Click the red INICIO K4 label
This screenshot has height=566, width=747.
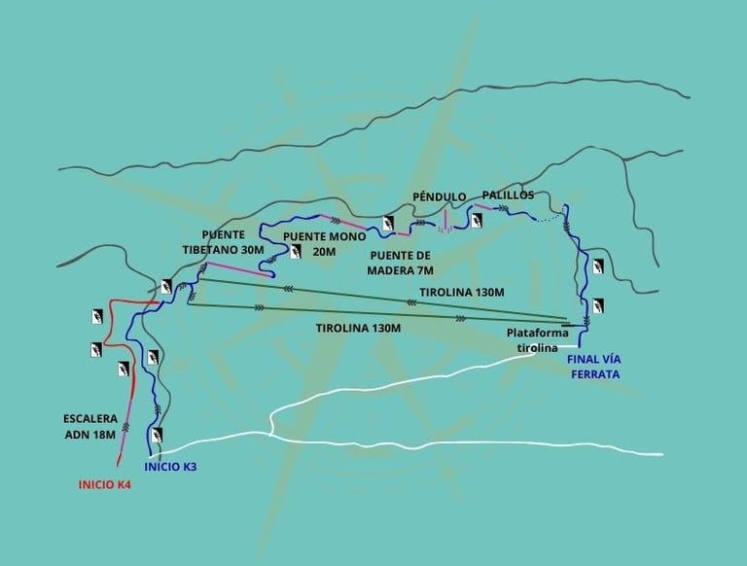click(x=104, y=483)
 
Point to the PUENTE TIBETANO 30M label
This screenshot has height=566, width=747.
click(x=223, y=241)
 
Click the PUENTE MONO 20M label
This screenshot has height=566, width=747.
click(x=325, y=243)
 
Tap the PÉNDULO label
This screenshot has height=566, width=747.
click(x=440, y=196)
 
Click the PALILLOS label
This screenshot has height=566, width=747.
click(x=509, y=195)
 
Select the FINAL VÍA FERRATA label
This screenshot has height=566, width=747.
click(x=593, y=366)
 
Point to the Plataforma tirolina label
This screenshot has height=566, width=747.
click(x=532, y=339)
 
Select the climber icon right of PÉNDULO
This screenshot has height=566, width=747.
click(x=476, y=221)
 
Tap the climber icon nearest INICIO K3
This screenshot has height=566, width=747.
click(x=157, y=435)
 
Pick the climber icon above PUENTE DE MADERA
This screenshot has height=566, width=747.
click(x=389, y=225)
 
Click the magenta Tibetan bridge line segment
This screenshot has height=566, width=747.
click(x=237, y=266)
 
